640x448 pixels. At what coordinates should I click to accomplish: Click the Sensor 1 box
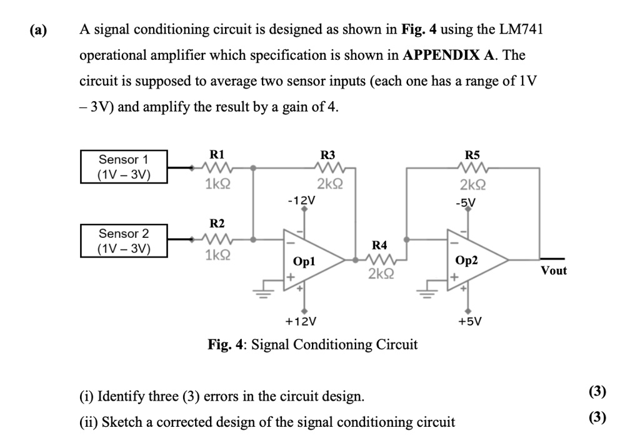click(124, 167)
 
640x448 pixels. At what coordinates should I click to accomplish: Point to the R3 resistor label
click(327, 154)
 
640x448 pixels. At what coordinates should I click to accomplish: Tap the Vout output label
click(554, 270)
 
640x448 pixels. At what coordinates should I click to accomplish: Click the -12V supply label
click(301, 201)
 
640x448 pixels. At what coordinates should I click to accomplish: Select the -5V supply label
click(466, 202)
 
